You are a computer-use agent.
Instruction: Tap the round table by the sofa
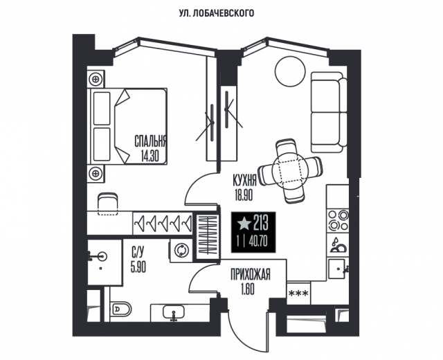(289, 69)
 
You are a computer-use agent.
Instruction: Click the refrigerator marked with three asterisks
(298, 293)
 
